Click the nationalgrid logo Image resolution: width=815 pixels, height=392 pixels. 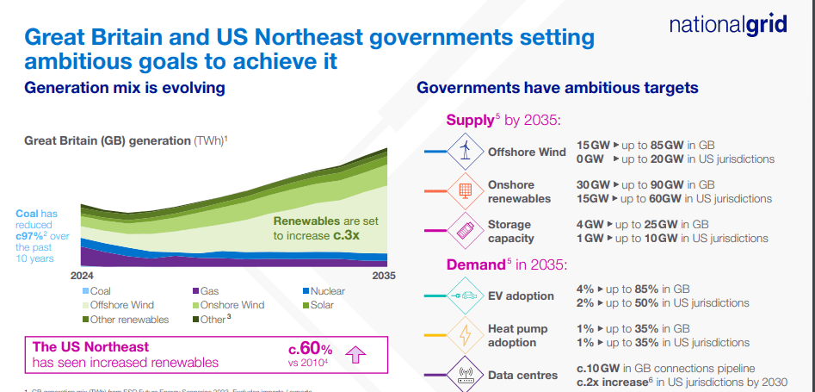pos(727,25)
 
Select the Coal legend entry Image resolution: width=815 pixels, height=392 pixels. pos(100,291)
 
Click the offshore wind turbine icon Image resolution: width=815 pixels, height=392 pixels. pos(466,152)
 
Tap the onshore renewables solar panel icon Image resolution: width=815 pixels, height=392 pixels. pos(466,190)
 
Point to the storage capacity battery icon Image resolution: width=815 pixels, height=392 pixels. pos(466,230)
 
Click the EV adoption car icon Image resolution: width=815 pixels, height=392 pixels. pos(466,296)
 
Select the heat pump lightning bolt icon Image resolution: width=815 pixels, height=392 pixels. pos(466,335)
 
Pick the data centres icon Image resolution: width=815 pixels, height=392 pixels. pos(466,375)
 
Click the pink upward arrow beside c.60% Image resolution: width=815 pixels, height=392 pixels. pos(355,354)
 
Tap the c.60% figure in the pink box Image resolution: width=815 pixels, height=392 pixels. pos(310,348)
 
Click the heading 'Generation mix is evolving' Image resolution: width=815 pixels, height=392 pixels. pos(125,88)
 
